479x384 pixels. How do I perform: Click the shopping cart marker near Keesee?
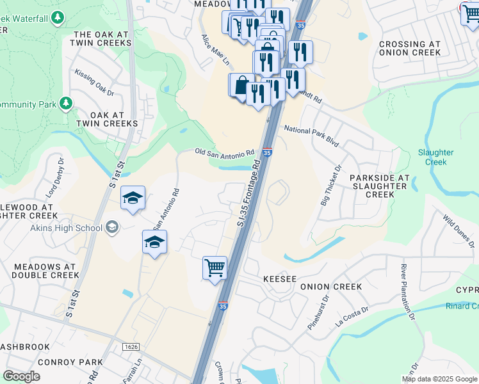click(x=215, y=268)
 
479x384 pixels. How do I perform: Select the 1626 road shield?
click(x=131, y=346)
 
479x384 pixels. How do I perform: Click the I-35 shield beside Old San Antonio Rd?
click(x=268, y=152)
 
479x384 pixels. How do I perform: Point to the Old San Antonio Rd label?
click(x=225, y=153)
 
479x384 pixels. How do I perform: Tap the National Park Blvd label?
click(x=311, y=136)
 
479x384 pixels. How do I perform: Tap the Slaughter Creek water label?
click(x=435, y=157)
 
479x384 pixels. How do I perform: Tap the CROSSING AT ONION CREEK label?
click(x=410, y=49)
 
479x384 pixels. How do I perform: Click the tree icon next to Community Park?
click(x=65, y=103)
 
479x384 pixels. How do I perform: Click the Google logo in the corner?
click(x=22, y=376)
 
